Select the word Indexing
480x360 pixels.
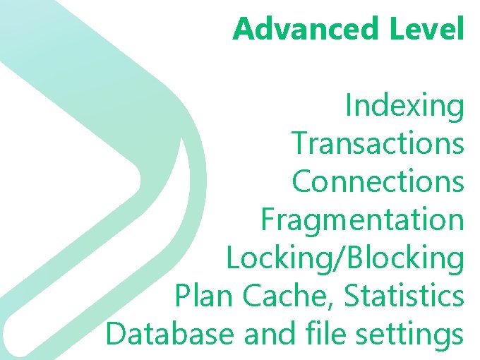pos(404,107)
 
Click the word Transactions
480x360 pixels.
pos(378,143)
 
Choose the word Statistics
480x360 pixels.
pos(404,296)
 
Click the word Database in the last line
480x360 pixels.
pos(171,333)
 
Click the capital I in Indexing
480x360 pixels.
pos(349,107)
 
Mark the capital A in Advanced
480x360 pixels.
pos(244,29)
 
